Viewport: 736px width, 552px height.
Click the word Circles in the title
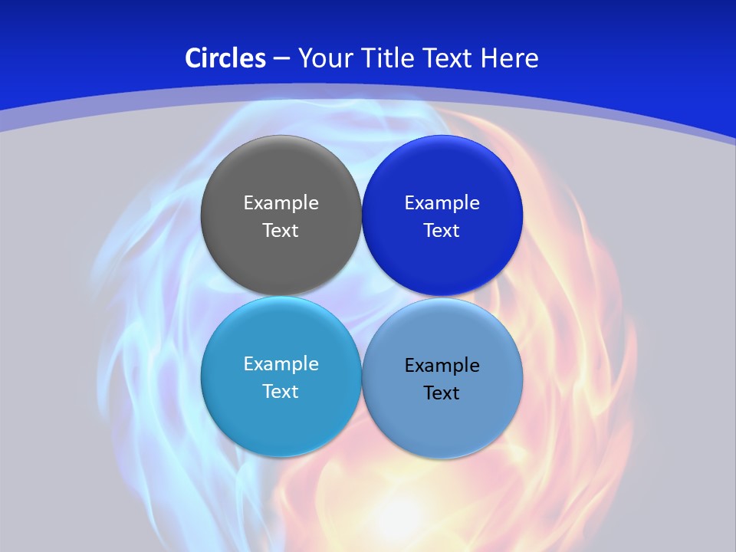click(225, 58)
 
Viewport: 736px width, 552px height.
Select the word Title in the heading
click(390, 58)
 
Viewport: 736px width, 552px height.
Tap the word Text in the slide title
click(449, 58)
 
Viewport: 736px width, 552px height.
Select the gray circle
click(281, 215)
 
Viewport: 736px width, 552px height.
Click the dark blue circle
click(442, 215)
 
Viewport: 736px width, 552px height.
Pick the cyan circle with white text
click(281, 376)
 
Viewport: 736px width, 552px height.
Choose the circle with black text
click(442, 378)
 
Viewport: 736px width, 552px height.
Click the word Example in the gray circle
click(281, 203)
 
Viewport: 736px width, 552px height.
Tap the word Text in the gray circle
click(281, 231)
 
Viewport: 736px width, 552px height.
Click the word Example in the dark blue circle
click(442, 203)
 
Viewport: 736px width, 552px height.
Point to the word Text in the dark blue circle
click(442, 231)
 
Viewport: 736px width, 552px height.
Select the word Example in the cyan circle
click(281, 364)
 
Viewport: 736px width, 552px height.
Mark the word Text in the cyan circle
click(281, 392)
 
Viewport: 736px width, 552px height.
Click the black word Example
click(442, 366)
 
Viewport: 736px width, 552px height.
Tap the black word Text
click(442, 393)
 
